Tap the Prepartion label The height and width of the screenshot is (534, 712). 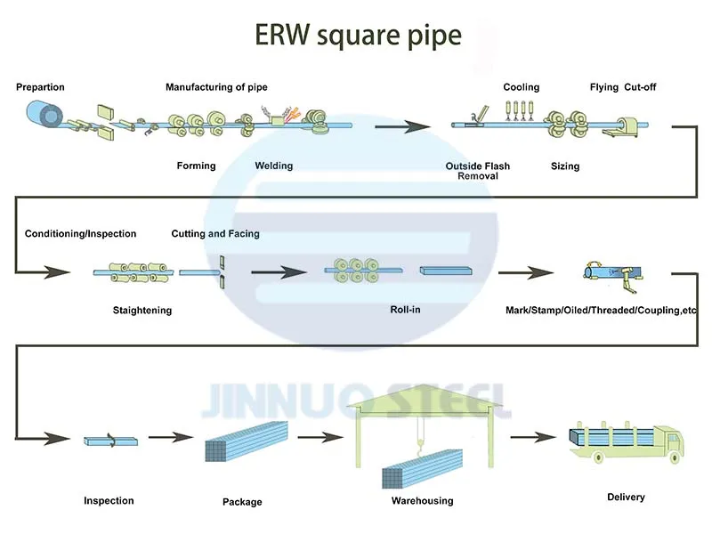coord(40,87)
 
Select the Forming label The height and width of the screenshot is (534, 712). coord(196,166)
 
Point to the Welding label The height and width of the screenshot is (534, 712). coord(273,166)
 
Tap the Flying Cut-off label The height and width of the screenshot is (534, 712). coord(623,87)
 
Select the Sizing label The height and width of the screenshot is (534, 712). coord(565,166)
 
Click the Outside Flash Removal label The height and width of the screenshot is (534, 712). coord(478,171)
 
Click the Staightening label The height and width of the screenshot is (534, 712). coord(142,311)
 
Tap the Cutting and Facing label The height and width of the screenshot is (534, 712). coord(215,234)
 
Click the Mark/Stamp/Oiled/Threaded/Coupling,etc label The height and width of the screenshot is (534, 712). coord(601,311)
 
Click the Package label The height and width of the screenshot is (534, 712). coord(242,502)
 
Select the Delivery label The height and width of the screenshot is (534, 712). coord(626,497)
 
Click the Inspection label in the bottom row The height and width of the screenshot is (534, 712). coord(109,501)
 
